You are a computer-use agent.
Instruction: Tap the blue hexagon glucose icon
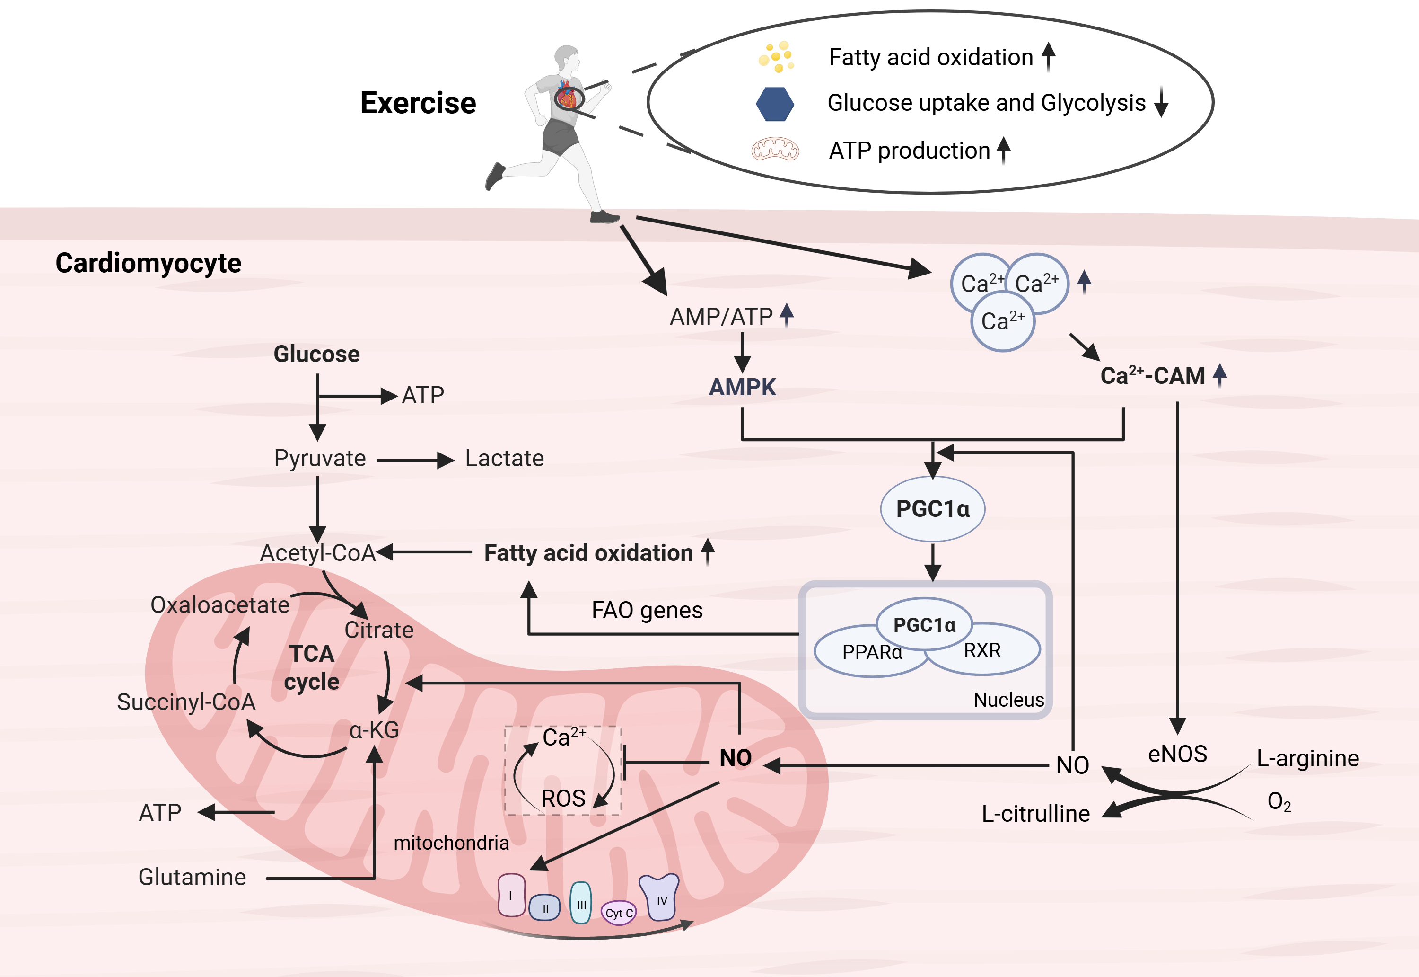point(775,104)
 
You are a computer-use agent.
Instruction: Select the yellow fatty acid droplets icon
point(776,57)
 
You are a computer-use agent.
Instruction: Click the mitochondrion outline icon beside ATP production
point(775,150)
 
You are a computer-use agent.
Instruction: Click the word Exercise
point(418,103)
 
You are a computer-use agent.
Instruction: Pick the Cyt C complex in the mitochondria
point(618,913)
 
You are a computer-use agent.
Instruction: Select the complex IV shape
point(659,897)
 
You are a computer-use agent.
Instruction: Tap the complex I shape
point(511,895)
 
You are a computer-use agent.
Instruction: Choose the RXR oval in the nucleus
point(983,650)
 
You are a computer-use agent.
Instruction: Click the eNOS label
point(1177,754)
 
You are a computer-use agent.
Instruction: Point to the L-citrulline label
point(1035,814)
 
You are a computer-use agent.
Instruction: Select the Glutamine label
point(192,877)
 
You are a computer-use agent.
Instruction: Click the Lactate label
point(504,459)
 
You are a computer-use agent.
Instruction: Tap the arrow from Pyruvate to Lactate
point(415,460)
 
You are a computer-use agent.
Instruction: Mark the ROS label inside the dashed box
point(563,798)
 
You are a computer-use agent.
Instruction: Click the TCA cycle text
point(312,668)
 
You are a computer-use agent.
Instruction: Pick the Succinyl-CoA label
point(186,702)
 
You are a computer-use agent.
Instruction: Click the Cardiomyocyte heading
point(148,263)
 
